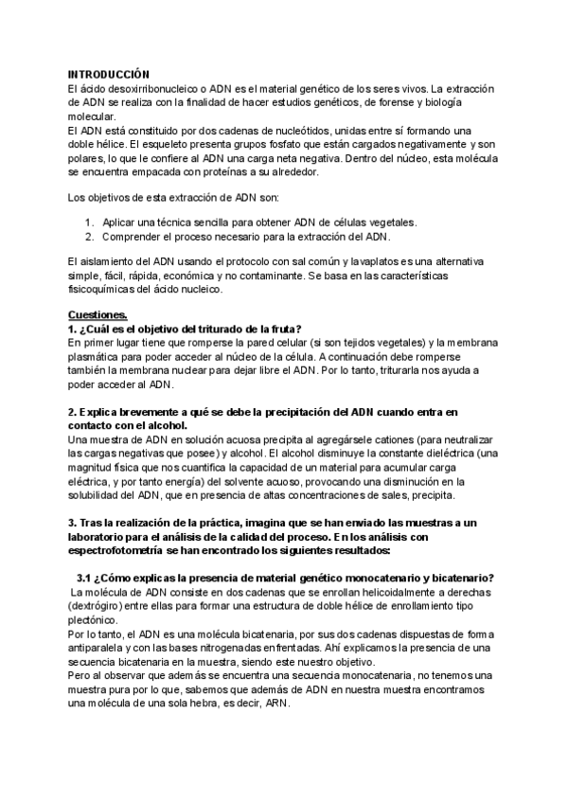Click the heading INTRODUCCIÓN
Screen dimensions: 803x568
point(109,74)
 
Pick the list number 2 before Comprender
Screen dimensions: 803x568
point(89,236)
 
